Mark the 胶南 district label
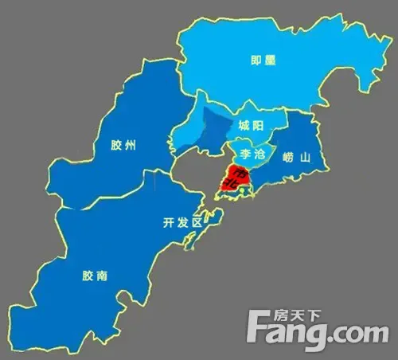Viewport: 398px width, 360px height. click(95, 276)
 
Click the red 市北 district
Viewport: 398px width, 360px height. click(239, 182)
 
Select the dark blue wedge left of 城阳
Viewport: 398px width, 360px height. click(210, 131)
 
